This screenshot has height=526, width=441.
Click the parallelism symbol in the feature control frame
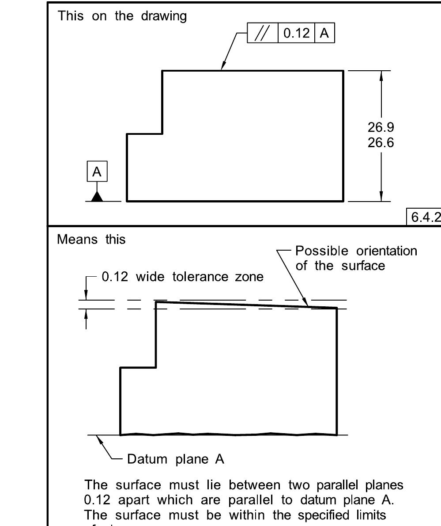[x=263, y=34]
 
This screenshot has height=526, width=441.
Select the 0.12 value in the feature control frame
[x=296, y=34]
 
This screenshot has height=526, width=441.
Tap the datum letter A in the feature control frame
[x=324, y=34]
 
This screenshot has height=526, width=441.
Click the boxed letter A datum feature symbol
[x=97, y=172]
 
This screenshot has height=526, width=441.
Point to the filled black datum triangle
[x=97, y=196]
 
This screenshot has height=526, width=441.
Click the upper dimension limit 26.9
[x=381, y=127]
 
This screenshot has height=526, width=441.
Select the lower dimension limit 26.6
[x=381, y=143]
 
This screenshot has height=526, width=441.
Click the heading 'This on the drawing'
[x=122, y=16]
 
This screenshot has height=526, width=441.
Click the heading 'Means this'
[x=91, y=239]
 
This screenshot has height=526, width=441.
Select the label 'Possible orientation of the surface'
[x=356, y=258]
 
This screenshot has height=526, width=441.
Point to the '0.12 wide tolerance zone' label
[x=183, y=277]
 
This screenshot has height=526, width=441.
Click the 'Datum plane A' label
[x=176, y=459]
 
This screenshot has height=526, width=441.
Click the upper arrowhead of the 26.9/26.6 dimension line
[x=381, y=76]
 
